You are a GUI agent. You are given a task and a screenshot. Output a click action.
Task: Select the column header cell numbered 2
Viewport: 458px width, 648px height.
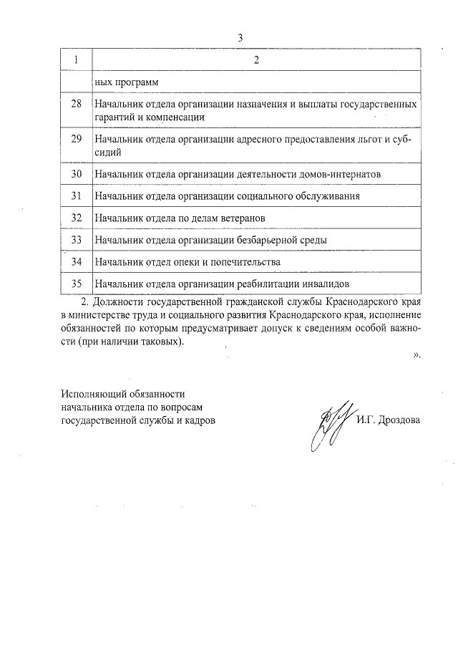[x=255, y=60]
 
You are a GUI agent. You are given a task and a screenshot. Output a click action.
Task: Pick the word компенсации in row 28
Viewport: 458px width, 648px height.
[x=176, y=116]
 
